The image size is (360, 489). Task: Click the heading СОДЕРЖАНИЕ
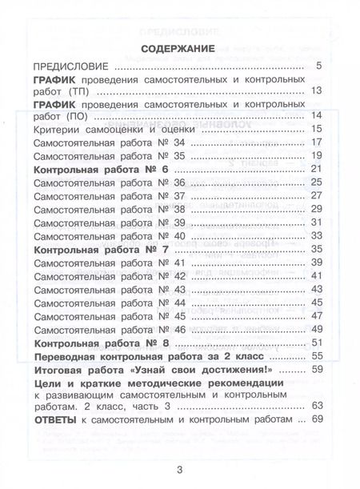pyautogui.click(x=179, y=49)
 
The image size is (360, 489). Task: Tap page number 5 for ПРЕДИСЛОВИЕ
pyautogui.click(x=319, y=66)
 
